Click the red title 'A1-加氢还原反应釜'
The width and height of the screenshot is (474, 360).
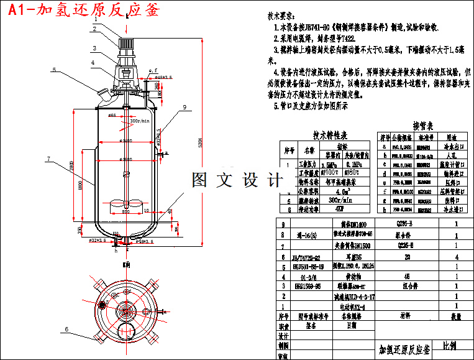click(x=81, y=10)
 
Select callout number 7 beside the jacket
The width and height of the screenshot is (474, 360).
click(x=48, y=159)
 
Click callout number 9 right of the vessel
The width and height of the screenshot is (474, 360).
click(x=185, y=108)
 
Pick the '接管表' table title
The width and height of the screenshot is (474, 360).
click(x=426, y=125)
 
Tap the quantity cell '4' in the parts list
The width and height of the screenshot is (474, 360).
click(x=457, y=256)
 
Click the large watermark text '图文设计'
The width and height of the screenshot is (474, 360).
click(x=236, y=180)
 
